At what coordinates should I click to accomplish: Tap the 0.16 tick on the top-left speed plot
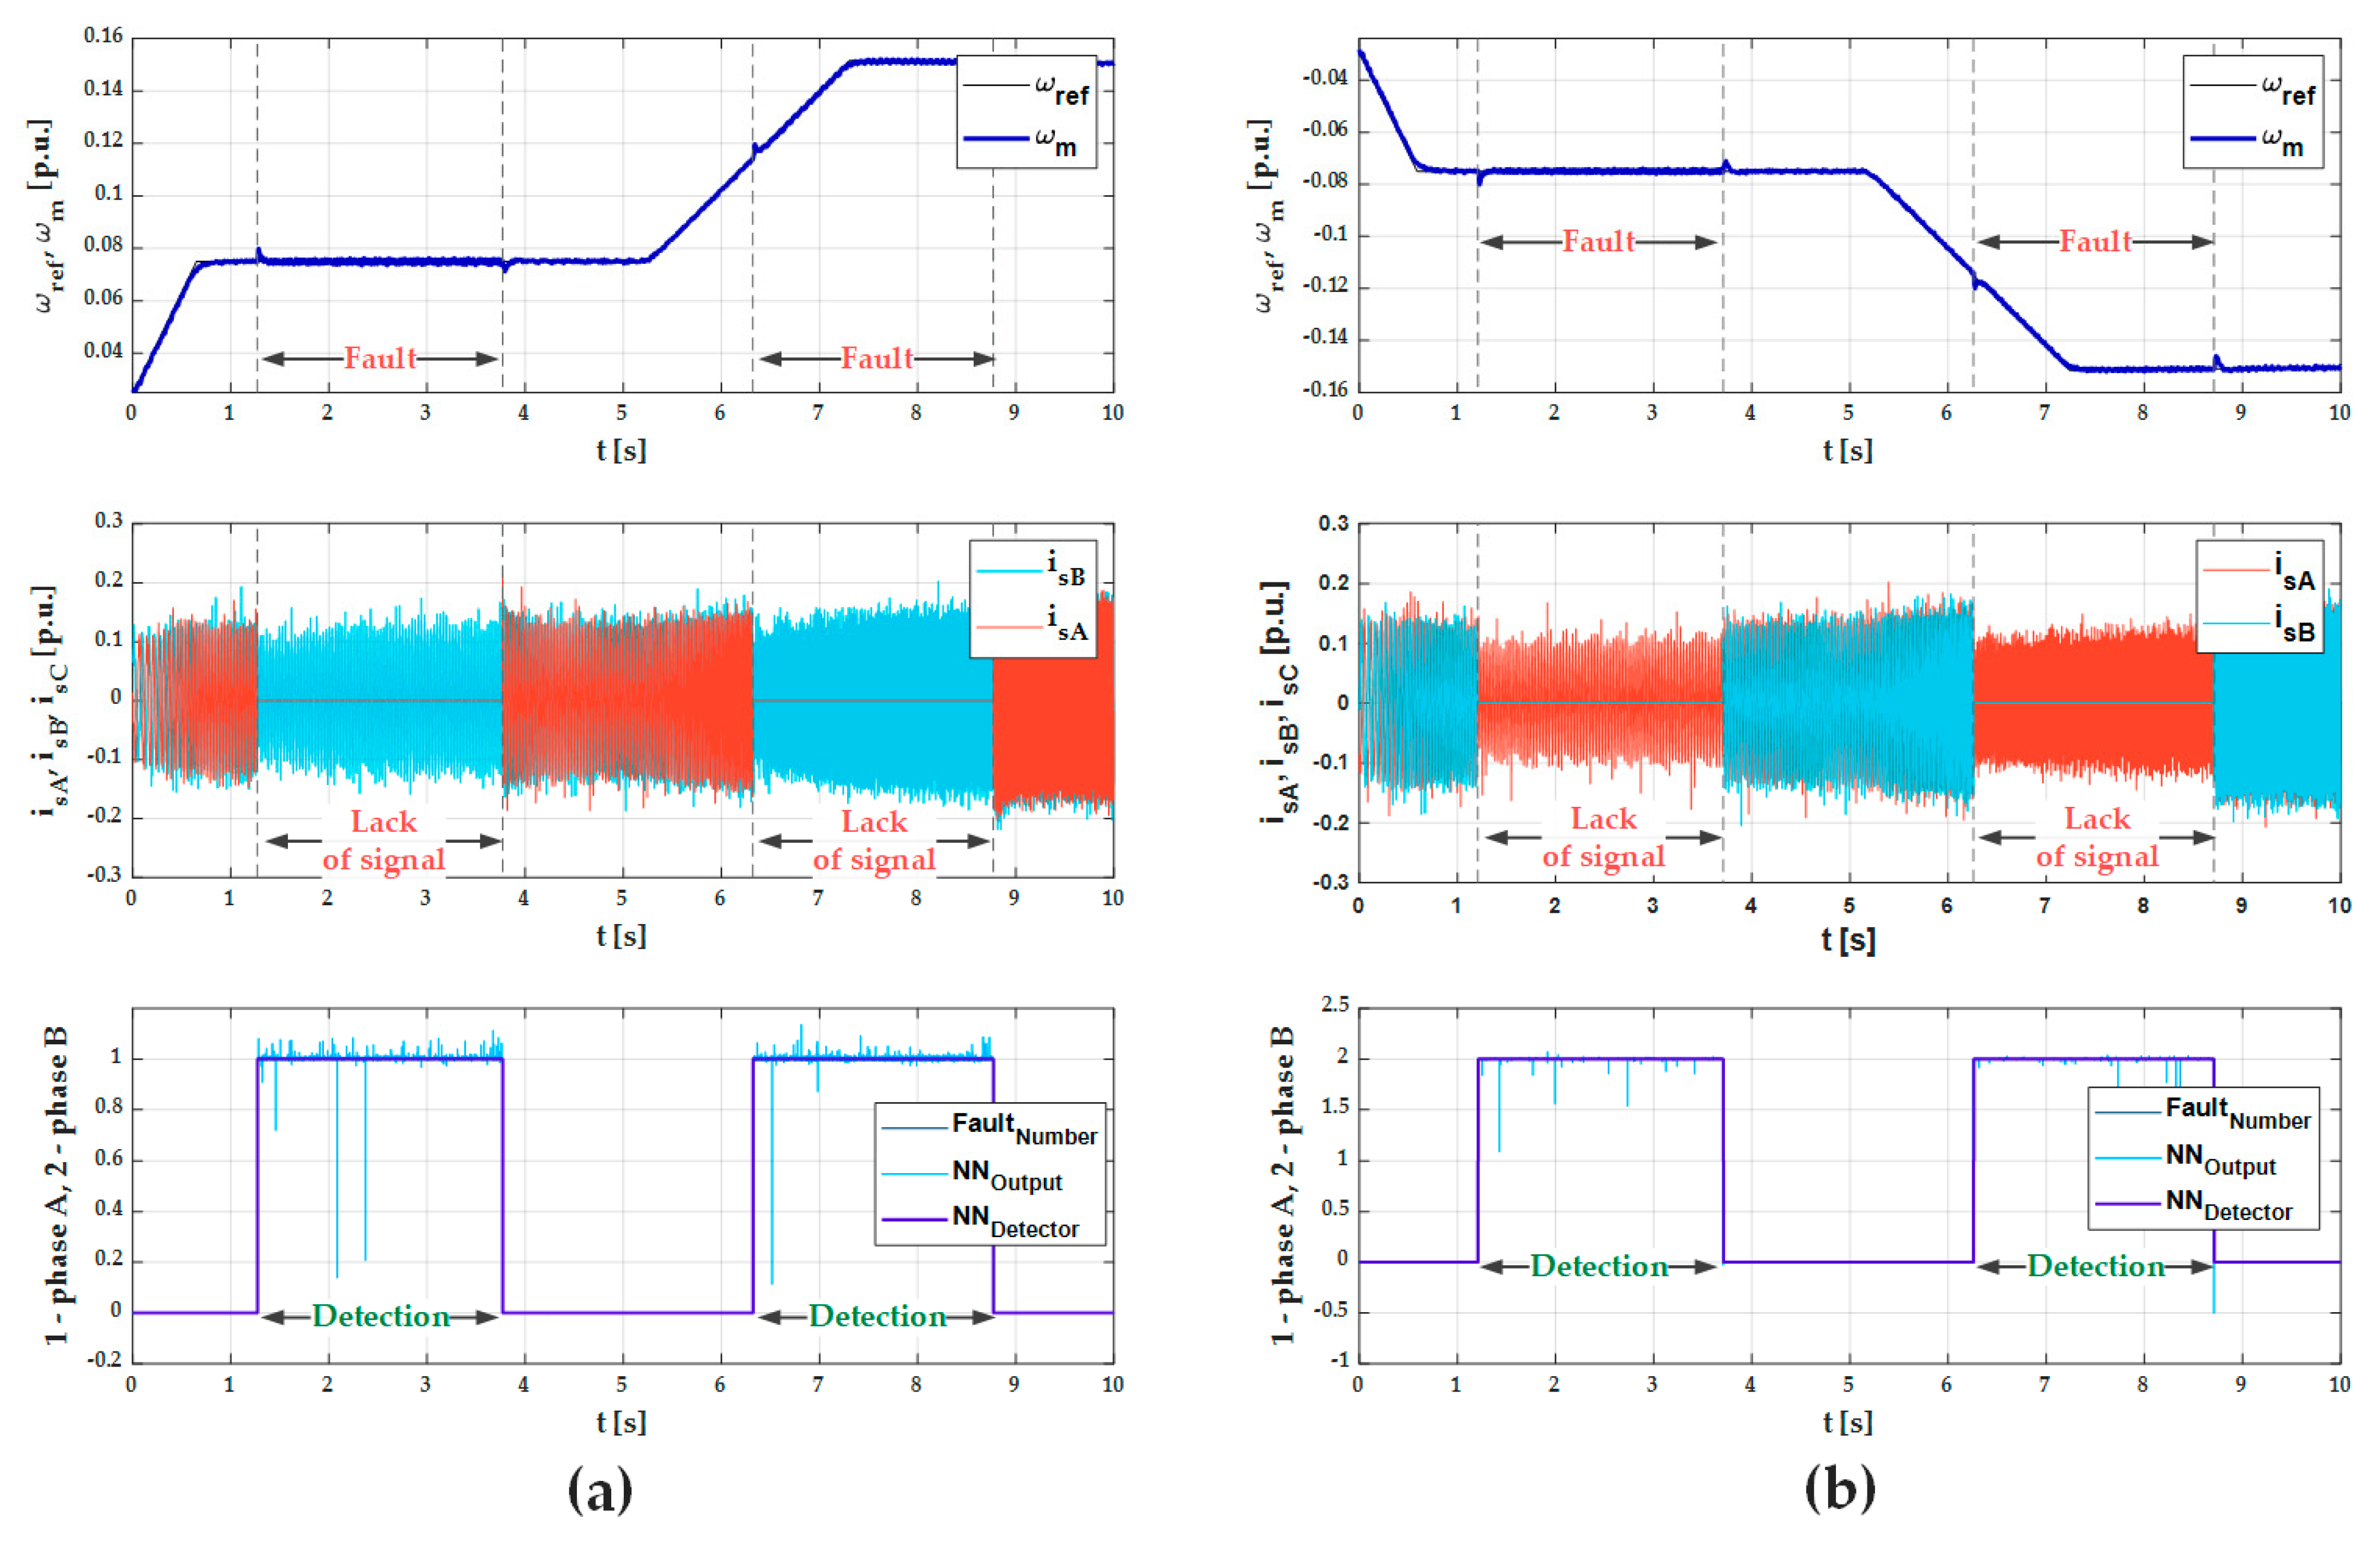click(103, 37)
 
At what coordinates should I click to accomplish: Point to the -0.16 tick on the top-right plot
click(1325, 389)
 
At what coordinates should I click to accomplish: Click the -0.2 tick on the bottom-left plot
click(103, 1361)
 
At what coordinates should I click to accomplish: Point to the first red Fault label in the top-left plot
click(380, 358)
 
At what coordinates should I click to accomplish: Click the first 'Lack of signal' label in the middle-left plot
click(383, 840)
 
